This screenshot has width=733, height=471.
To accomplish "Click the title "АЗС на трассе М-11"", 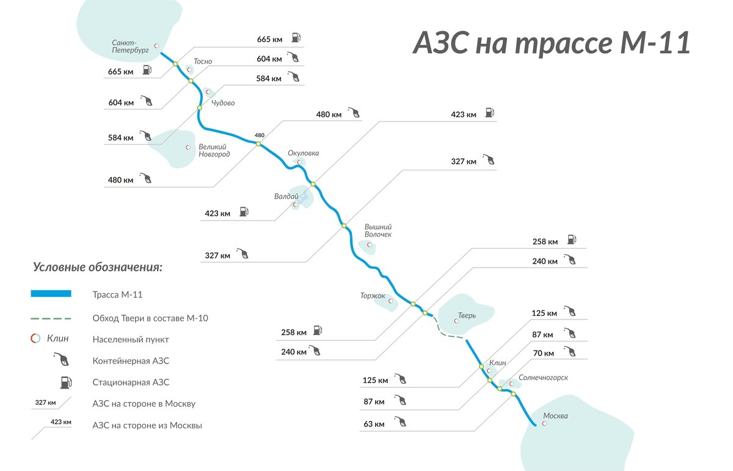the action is click(x=552, y=43).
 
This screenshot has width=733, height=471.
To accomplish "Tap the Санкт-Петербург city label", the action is click(x=130, y=47).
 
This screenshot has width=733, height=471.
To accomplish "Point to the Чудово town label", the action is click(x=223, y=103).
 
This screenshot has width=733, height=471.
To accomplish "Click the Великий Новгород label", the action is click(x=214, y=150).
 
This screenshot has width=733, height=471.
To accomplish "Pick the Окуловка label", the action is click(x=303, y=153).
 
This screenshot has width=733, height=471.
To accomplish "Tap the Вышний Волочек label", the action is click(x=377, y=230).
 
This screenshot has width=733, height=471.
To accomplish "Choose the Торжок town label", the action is click(x=373, y=296).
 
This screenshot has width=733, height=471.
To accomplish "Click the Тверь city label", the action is click(x=467, y=316).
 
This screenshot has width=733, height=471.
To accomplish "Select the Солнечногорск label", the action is click(x=543, y=378).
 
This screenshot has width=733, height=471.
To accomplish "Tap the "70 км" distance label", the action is click(x=543, y=353).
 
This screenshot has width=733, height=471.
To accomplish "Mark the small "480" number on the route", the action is click(x=260, y=136).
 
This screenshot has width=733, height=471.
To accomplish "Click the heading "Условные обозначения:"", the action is click(x=97, y=268).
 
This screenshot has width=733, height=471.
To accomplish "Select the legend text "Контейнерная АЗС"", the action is click(x=131, y=360).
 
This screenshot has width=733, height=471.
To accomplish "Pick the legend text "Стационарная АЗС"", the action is click(x=131, y=382).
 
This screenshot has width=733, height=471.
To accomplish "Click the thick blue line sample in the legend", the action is click(x=51, y=294).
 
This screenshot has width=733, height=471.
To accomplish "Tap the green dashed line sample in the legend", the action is click(x=51, y=318).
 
